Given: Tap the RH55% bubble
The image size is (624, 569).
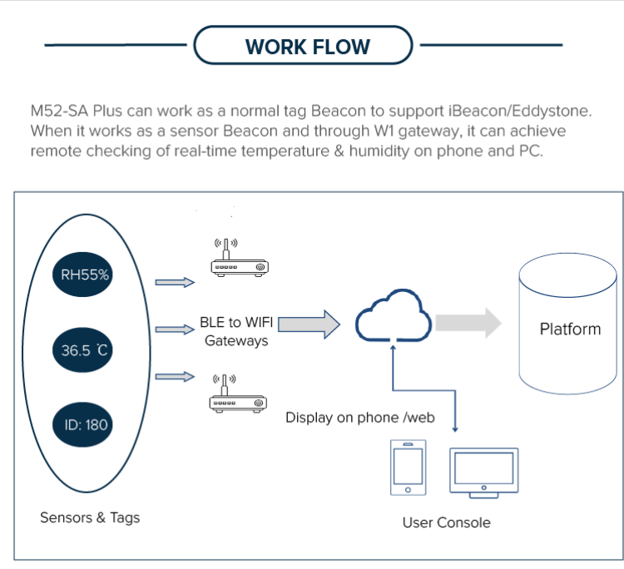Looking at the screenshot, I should click(x=85, y=275).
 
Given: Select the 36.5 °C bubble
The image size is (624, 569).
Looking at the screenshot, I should click(x=85, y=350).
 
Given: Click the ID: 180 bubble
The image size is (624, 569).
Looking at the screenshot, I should click(x=86, y=424).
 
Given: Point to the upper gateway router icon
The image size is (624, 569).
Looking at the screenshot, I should click(x=238, y=260).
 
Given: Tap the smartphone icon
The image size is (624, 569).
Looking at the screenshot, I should click(x=409, y=468).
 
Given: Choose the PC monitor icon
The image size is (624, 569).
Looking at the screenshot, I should click(x=483, y=472).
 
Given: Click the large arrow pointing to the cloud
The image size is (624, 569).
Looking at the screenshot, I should click(x=309, y=324).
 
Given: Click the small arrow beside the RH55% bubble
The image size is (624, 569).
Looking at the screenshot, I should click(x=176, y=283).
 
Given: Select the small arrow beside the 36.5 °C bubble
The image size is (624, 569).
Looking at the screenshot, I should click(x=176, y=329).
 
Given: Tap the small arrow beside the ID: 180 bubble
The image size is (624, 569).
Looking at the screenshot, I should click(x=176, y=377).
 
